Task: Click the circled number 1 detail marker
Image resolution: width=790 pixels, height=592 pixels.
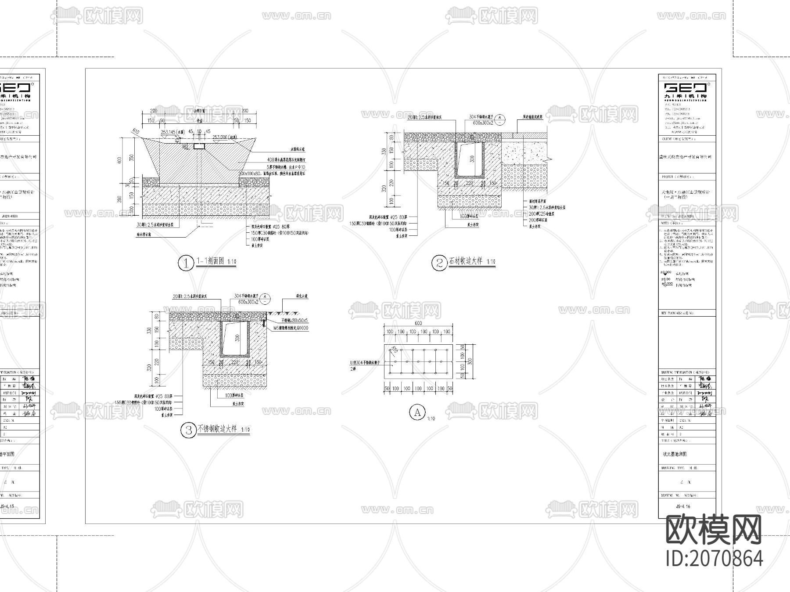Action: point(186,263)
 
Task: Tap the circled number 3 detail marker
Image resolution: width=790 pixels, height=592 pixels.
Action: point(189,430)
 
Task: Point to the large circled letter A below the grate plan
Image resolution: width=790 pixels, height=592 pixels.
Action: point(417,412)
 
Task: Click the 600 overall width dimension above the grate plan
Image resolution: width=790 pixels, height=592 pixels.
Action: point(418,323)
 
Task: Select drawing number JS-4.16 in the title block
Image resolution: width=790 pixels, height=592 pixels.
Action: point(683,506)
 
